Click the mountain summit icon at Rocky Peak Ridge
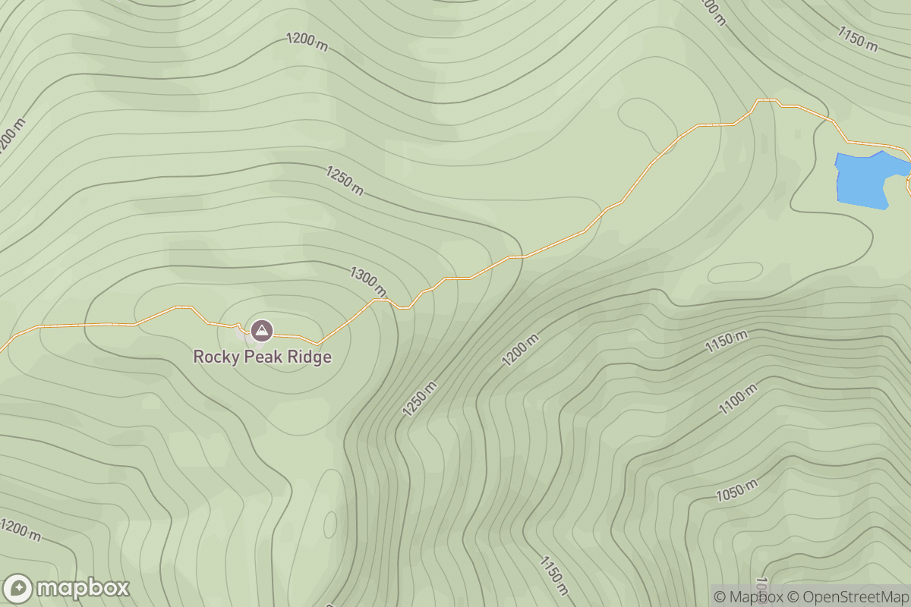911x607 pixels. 262,331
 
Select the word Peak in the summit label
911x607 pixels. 263,357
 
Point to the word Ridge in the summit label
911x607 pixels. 311,357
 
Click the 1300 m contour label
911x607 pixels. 368,281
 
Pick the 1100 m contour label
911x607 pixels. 739,399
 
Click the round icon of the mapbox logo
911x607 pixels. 17,589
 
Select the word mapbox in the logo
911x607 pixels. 82,589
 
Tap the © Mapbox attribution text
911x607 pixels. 749,596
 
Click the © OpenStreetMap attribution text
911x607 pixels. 847,596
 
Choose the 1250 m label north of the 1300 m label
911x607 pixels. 345,181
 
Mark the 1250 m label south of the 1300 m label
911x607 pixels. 420,398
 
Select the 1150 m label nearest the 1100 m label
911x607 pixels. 727,342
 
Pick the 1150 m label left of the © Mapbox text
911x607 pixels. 554,575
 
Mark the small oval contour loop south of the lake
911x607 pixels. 734,273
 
